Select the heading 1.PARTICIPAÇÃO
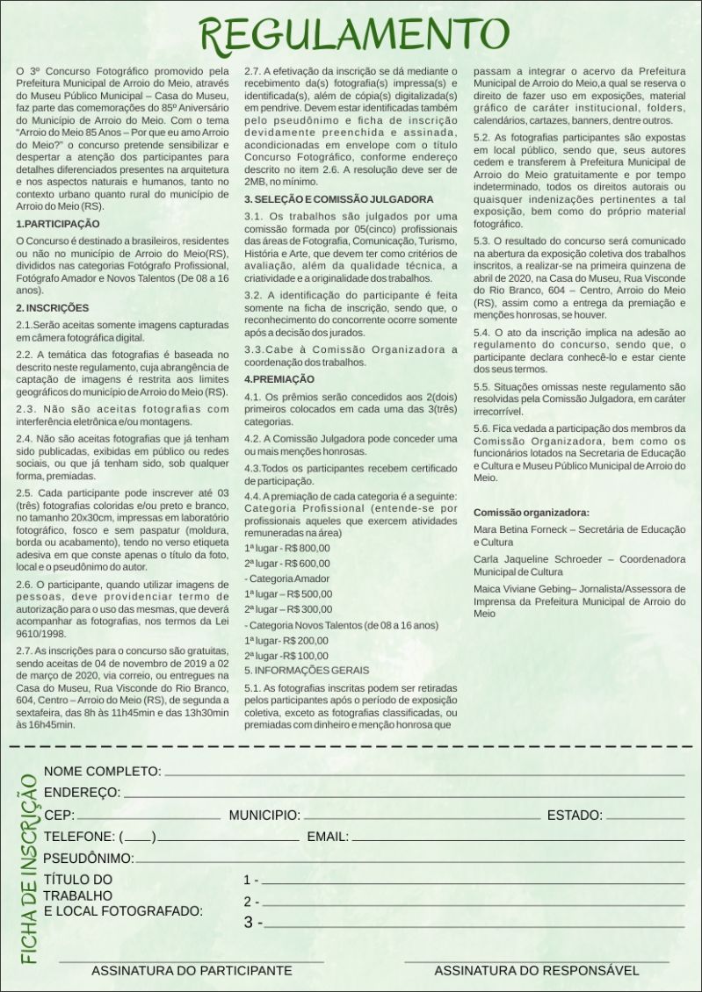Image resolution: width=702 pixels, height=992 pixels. coord(52,224)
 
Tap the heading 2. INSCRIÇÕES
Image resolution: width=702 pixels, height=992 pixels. coord(53,308)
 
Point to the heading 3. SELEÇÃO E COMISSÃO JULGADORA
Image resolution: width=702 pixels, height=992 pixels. coord(338,200)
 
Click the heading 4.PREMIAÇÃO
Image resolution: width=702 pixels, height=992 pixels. coord(279,378)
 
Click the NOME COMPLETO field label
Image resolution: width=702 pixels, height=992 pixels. coord(102,772)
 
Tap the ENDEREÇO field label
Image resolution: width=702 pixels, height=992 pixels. coord(82,793)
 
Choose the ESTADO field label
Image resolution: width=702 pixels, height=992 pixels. coord(575,816)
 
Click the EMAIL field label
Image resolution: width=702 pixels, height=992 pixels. coord(328,837)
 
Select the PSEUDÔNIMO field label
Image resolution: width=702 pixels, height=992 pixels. coord(89,858)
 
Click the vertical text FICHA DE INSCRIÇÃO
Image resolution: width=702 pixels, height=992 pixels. coord(27,869)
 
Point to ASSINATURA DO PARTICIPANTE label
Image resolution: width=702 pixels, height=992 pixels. coord(192,971)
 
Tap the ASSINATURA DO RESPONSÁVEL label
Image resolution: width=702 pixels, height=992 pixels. coord(536,971)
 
